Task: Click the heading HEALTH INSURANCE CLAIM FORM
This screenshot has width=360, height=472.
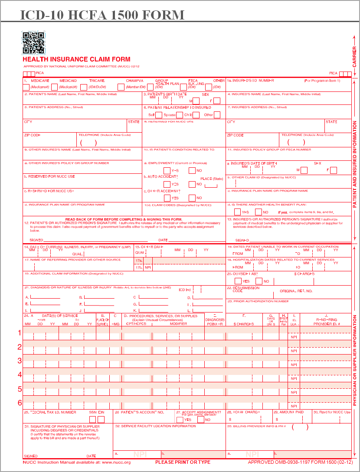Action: [76, 59]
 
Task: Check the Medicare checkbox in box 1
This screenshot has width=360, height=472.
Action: [54, 87]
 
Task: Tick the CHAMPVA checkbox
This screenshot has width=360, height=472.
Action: [121, 87]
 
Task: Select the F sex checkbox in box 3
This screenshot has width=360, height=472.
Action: [217, 101]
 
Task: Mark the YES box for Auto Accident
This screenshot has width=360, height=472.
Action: [167, 184]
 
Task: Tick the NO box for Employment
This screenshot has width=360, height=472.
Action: [192, 170]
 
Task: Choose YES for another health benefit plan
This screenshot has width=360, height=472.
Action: [237, 212]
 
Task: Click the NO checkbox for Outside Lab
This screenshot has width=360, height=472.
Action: [259, 281]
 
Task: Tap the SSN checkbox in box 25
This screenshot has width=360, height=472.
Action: [92, 419]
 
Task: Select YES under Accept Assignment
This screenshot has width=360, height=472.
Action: [180, 419]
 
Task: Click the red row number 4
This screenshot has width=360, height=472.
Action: [20, 374]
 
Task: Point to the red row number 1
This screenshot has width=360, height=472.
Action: [20, 333]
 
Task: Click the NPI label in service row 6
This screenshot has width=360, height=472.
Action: [294, 406]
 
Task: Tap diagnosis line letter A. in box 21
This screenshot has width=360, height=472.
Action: [27, 297]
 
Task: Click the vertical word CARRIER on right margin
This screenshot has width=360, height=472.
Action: [354, 56]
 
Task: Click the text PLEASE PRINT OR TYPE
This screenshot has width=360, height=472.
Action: [183, 462]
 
